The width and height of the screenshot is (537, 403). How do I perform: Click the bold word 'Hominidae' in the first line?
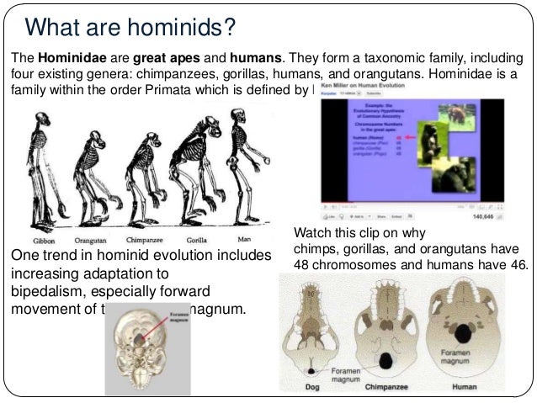66,57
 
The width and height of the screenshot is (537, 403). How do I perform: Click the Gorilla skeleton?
199,168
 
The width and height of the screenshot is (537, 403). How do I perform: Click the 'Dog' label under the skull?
310,389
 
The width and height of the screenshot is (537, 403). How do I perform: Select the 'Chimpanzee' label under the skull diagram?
386,389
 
